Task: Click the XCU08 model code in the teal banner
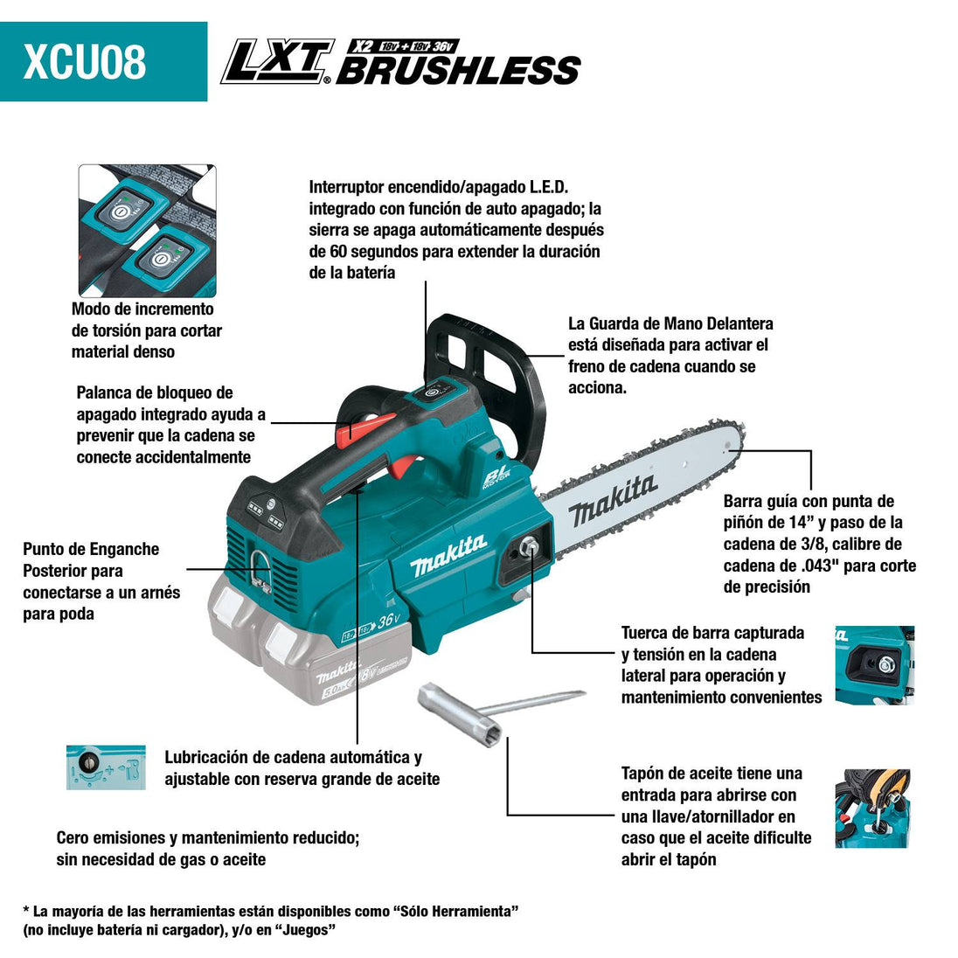[85, 62]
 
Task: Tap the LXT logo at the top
[276, 63]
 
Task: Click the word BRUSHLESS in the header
[458, 70]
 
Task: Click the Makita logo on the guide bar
[612, 499]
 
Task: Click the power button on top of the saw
[430, 392]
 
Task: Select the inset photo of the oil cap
[872, 809]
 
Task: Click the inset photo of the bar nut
[874, 664]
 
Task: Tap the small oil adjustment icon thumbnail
[106, 767]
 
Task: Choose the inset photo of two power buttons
[147, 231]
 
